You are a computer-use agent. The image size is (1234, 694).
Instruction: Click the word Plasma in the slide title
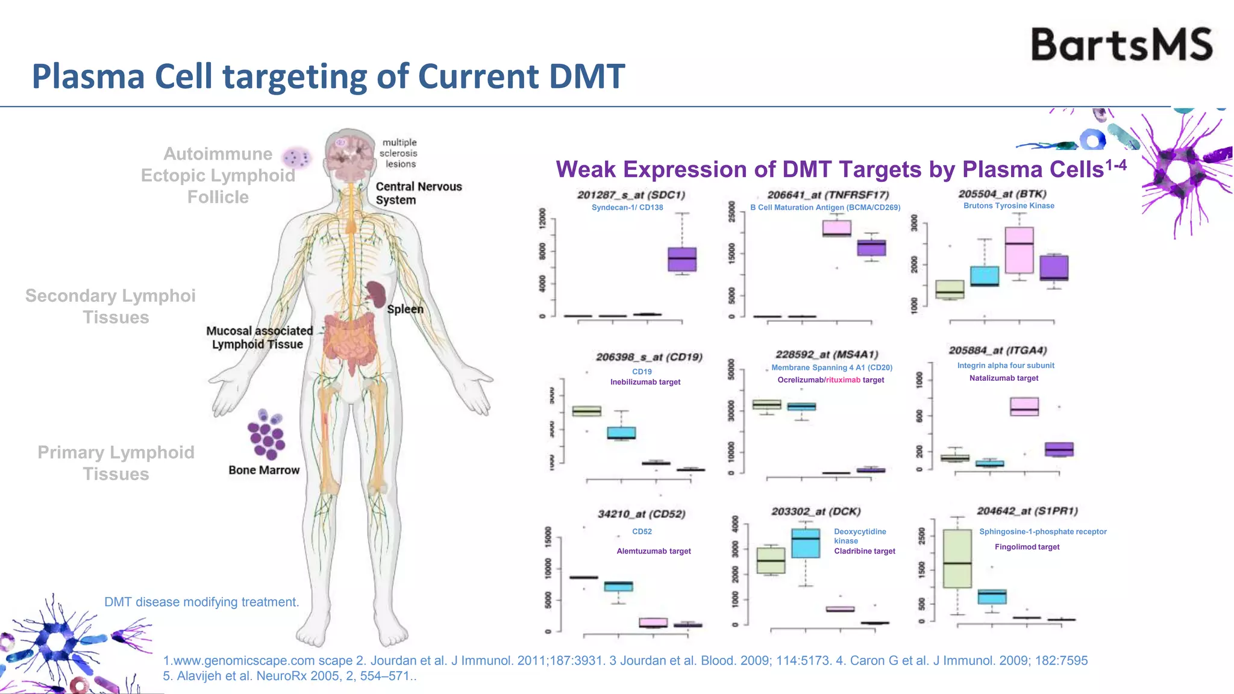[x=88, y=77]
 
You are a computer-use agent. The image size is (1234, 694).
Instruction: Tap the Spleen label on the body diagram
[x=405, y=309]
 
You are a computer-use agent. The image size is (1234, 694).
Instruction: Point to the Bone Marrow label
[x=264, y=470]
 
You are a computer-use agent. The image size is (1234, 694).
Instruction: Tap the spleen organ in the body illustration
[x=377, y=294]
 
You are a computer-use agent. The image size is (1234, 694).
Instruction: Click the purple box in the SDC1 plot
[x=682, y=259]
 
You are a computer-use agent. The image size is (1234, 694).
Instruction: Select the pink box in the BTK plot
[x=1019, y=250]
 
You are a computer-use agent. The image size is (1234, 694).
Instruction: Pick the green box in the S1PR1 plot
[x=957, y=558]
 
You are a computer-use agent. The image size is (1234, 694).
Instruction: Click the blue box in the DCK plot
[x=806, y=543]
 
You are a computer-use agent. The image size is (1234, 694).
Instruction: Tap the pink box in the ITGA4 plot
[x=1024, y=407]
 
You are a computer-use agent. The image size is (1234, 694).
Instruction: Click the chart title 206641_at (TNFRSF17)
[x=828, y=195]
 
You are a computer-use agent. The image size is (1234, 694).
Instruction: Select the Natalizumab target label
[x=1004, y=378]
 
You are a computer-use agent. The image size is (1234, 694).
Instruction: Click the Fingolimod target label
[x=1027, y=547]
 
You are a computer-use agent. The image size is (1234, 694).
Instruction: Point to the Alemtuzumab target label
[x=654, y=551]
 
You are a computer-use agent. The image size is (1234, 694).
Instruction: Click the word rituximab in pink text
[x=843, y=380]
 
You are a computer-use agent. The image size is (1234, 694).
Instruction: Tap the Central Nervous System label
[x=418, y=193]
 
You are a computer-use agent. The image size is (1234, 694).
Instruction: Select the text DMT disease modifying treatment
[x=201, y=602]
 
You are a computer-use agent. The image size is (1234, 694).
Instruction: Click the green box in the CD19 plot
[x=586, y=411]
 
